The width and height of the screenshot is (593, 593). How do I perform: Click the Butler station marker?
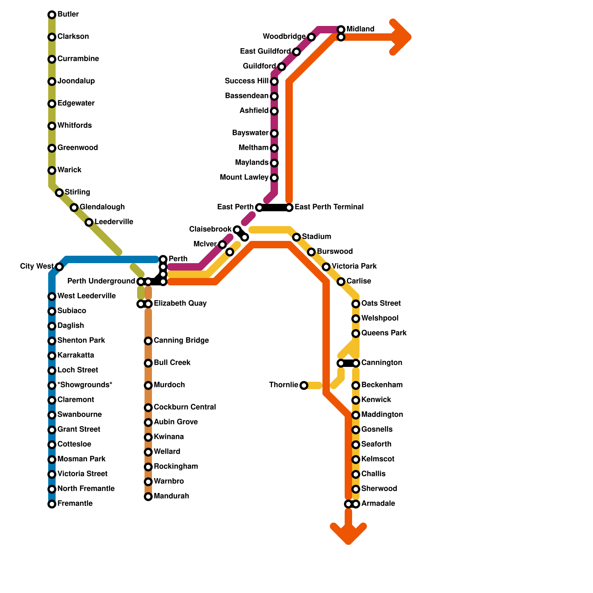pos(52,15)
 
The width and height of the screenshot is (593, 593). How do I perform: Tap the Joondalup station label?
pos(76,81)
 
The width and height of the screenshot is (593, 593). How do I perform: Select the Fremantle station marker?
pos(52,504)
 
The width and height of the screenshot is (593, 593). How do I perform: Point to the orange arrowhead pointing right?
pos(402,37)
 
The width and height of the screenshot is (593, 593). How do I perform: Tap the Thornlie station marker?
pos(304,385)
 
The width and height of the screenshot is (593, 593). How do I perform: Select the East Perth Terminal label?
pos(329,207)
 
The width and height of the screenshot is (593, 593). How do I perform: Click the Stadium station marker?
pos(296,237)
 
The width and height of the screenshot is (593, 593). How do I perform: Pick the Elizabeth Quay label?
pos(180,304)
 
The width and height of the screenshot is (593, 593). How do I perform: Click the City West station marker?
pos(59,267)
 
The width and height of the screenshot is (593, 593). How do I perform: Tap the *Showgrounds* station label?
pos(85,385)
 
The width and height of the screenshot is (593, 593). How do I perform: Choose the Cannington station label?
pos(382,363)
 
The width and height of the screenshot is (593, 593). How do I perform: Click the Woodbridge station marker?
pos(311,37)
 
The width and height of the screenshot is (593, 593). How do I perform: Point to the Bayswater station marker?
pos(274,133)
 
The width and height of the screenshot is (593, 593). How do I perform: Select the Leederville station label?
pos(114,222)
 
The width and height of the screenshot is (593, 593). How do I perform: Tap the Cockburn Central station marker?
pos(148,408)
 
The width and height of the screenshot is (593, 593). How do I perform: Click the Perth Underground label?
pos(101,281)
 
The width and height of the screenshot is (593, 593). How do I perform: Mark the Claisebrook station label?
pos(210,229)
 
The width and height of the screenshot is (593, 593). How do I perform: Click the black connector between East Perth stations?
pos(274,208)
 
